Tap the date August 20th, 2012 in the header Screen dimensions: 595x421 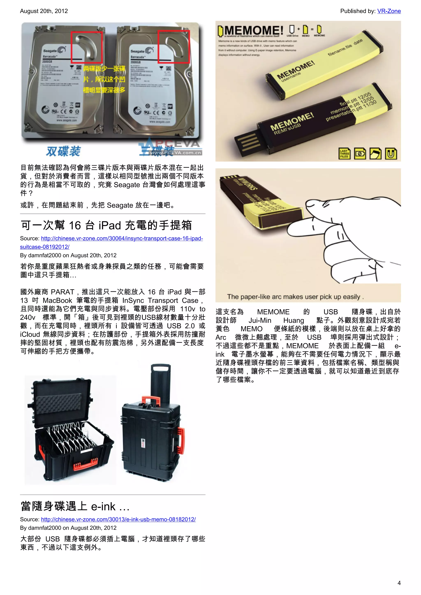(44, 11)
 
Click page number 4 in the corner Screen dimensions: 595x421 (399, 583)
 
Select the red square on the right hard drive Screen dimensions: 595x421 (174, 47)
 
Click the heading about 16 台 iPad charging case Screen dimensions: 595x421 (106, 225)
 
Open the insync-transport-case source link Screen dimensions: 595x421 (122, 238)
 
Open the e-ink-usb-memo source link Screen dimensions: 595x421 (118, 519)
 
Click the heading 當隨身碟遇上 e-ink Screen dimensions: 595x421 (75, 506)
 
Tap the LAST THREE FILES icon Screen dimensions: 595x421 (344, 153)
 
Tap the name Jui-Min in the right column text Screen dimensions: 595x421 (260, 320)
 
